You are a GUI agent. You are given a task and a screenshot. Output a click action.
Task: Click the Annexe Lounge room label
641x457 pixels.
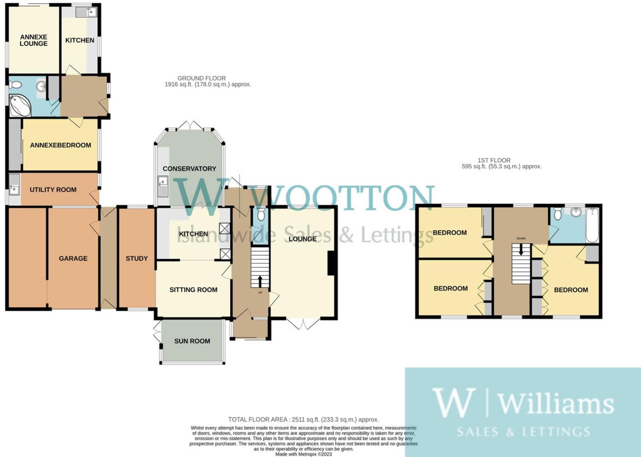coord(33,40)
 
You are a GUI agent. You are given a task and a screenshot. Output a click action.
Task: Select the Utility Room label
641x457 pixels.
coord(53,190)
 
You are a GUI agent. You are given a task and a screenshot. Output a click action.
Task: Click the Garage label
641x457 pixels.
coord(73,259)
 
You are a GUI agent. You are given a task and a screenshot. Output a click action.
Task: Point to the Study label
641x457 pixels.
coord(136,259)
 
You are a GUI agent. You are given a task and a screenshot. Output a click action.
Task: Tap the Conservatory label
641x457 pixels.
coord(189,169)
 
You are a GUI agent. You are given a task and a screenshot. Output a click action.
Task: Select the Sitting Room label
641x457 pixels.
coord(193,290)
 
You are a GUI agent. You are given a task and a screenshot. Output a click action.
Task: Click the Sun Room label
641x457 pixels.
coord(192,341)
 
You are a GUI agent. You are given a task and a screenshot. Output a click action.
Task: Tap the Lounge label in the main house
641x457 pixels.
coord(302,239)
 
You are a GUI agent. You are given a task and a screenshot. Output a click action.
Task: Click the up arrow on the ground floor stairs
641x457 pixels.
coord(260,281)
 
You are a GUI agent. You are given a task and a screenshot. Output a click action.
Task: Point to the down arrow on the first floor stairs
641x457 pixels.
coord(521,250)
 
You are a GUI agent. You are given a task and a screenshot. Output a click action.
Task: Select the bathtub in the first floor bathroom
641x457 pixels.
coord(592,225)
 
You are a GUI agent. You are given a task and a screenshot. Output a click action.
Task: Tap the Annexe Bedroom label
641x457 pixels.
coord(60,145)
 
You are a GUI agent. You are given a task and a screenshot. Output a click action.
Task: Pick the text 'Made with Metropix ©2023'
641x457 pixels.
coord(303,454)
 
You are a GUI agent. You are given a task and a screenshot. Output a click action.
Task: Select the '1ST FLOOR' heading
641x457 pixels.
coord(494,160)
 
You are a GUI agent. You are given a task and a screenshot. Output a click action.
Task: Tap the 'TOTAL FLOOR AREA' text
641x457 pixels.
coord(258,419)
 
